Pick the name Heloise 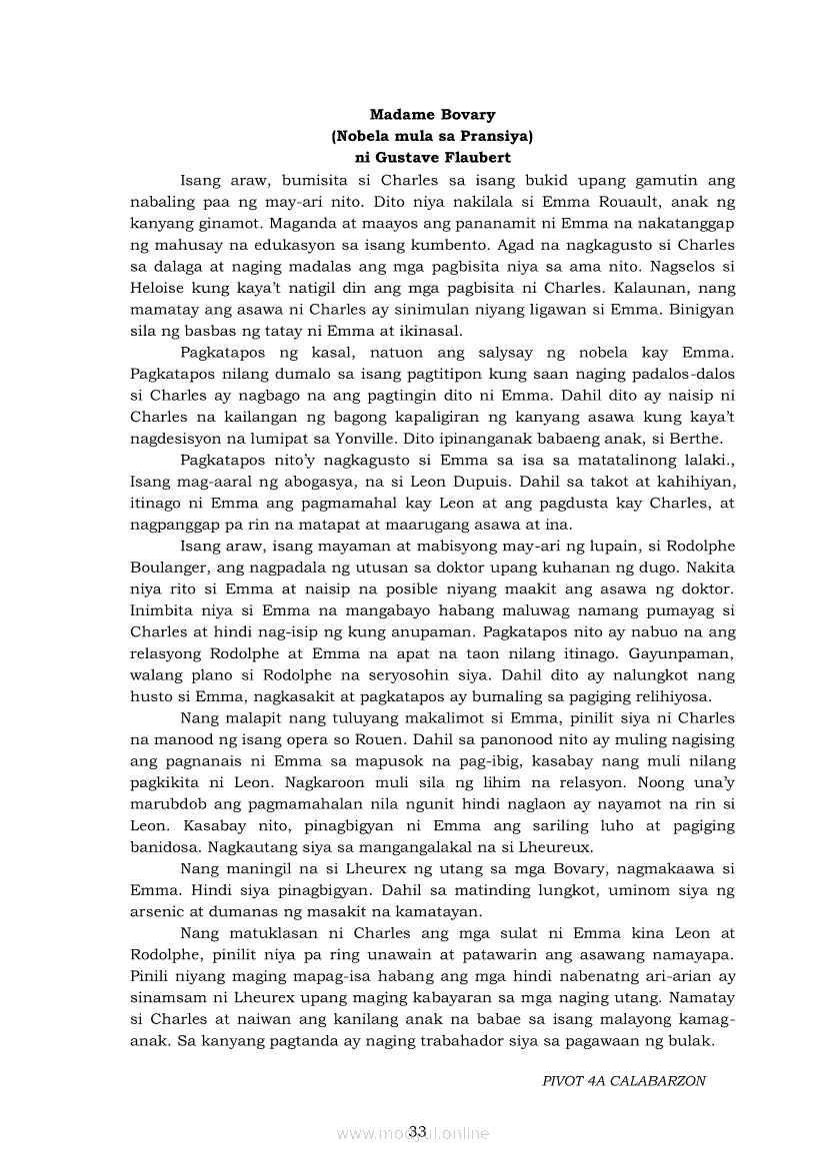156,288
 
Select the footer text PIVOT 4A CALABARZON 625,1081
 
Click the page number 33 417,1130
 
